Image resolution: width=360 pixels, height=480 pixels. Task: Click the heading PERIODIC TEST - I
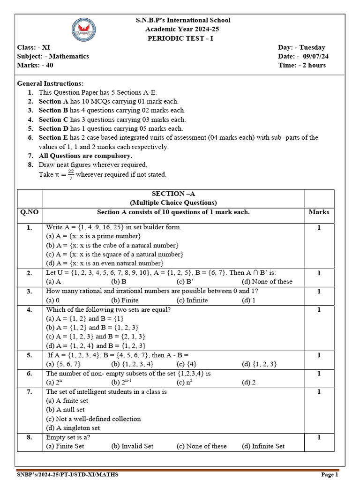[180, 38]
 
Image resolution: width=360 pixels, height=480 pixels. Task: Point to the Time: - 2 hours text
[302, 65]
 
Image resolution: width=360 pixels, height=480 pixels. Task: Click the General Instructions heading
[51, 83]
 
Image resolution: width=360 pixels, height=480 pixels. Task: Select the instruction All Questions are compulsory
[85, 156]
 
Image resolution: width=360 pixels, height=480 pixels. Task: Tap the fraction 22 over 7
[70, 174]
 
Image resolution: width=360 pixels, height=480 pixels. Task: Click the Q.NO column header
[29, 212]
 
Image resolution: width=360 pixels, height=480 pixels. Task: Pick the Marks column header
[319, 212]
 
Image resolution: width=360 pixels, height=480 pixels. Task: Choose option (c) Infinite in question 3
[192, 300]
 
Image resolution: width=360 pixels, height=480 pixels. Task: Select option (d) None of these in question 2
[267, 282]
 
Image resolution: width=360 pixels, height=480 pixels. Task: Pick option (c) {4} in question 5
[186, 364]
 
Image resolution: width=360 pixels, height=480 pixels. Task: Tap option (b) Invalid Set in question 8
[132, 446]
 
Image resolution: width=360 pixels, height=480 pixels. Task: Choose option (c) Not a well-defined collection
[93, 419]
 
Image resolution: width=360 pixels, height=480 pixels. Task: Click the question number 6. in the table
[29, 374]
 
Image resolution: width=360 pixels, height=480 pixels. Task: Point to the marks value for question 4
[319, 310]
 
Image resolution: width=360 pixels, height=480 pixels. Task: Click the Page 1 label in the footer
[329, 475]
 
